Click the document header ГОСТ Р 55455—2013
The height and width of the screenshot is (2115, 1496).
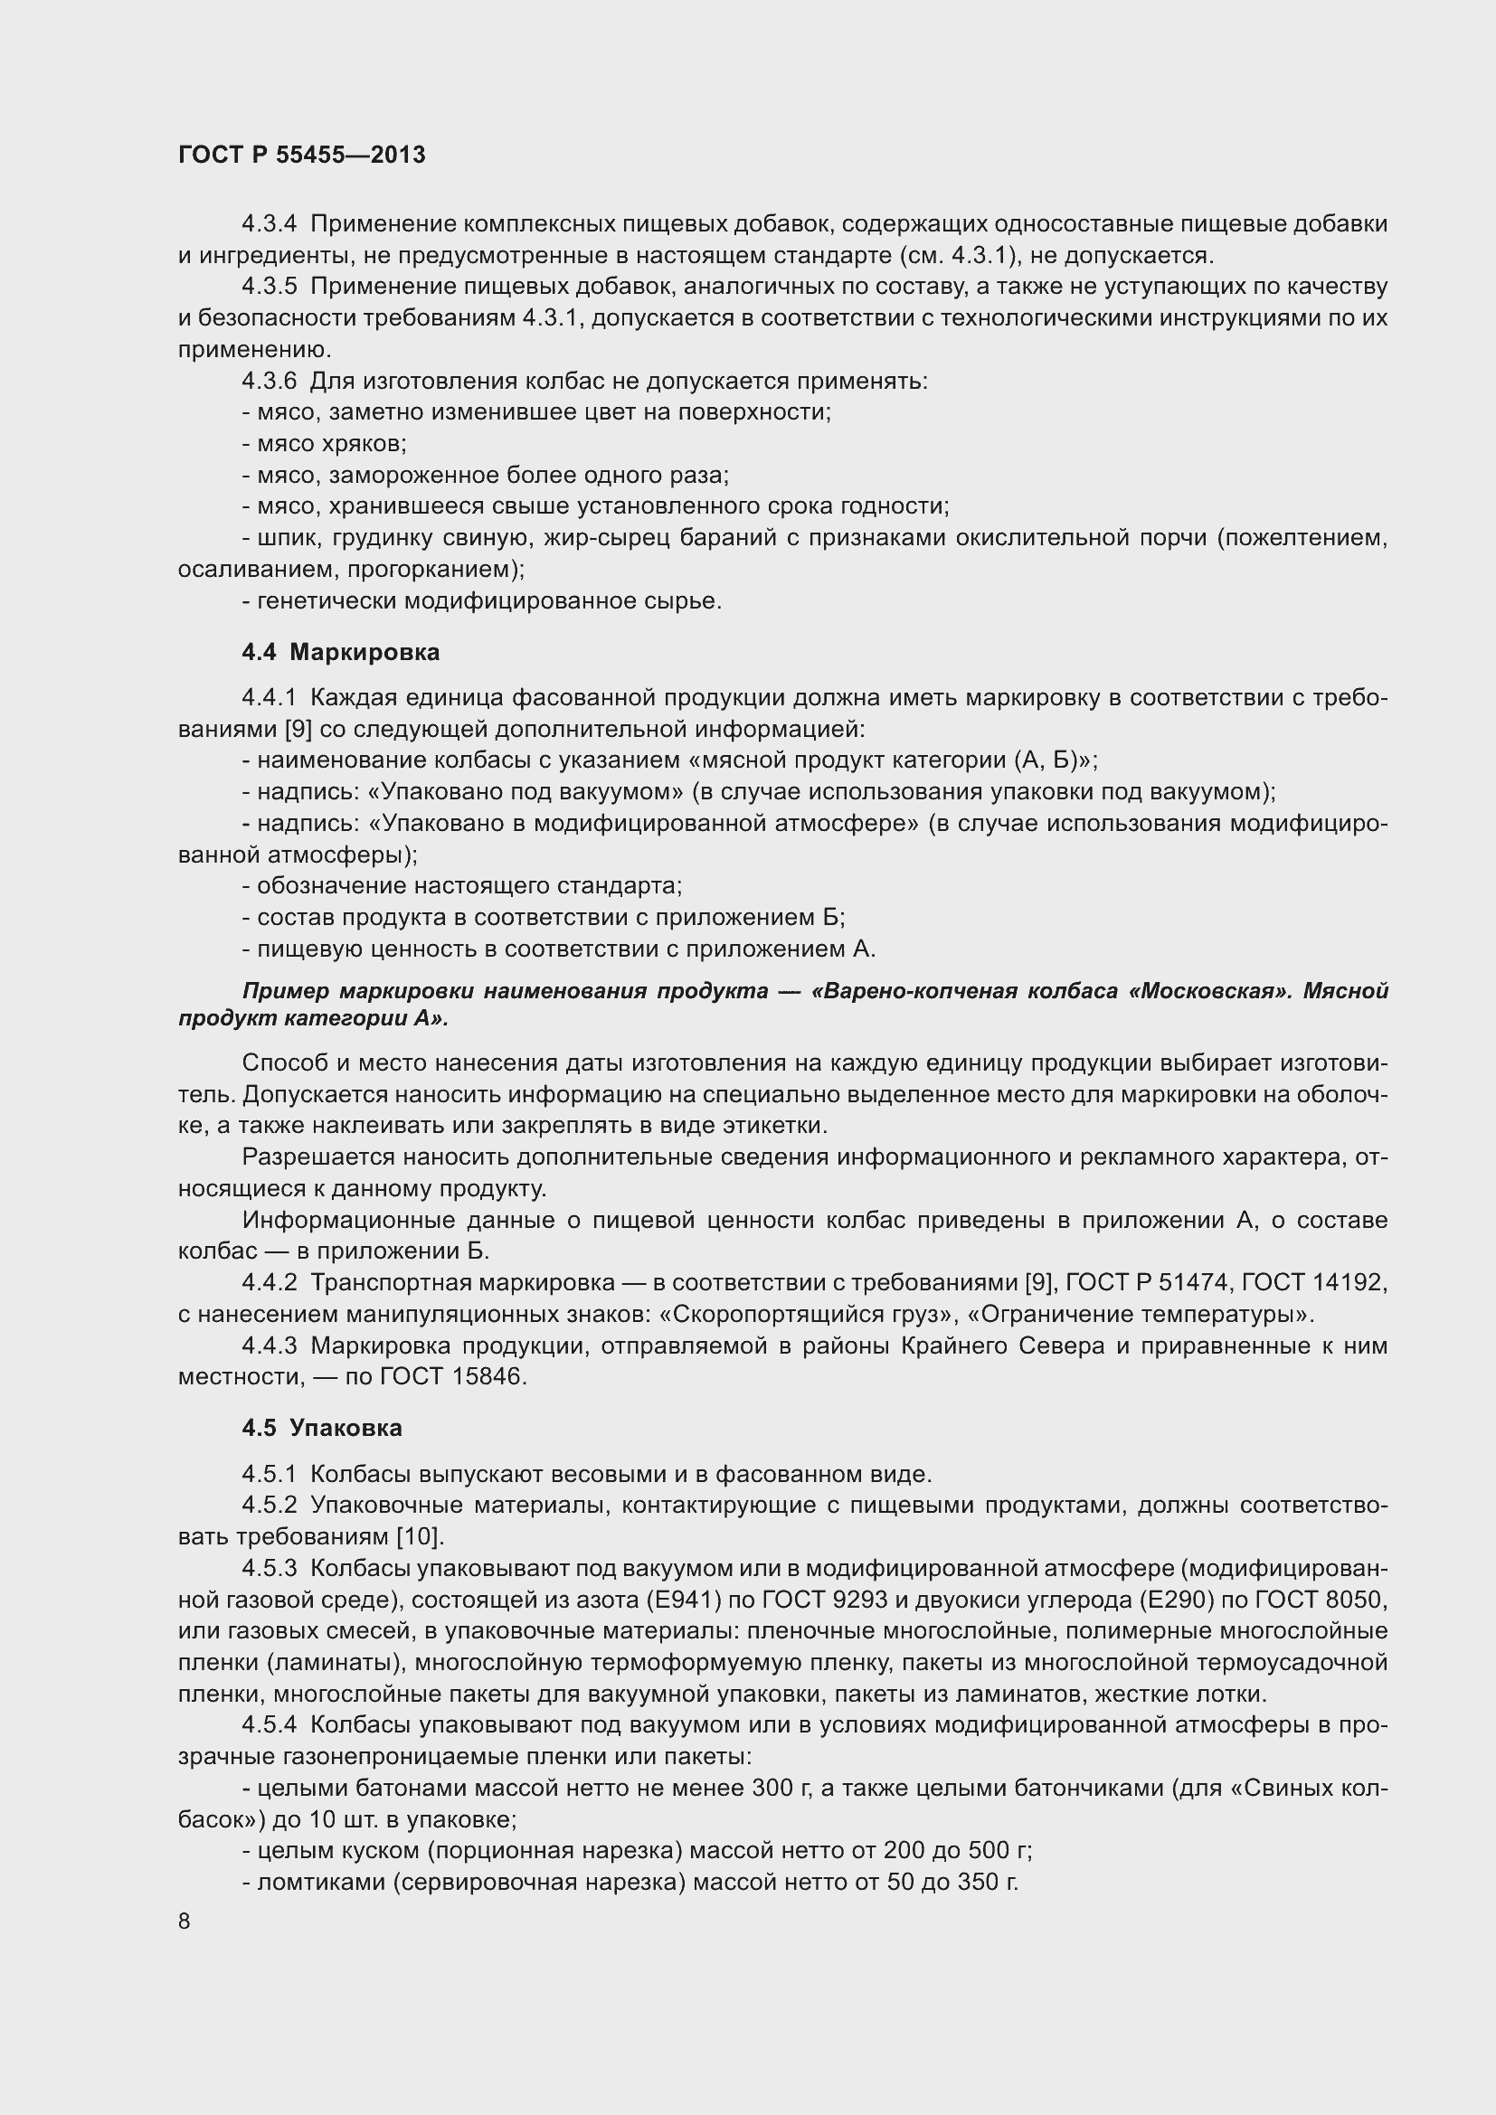[x=301, y=155]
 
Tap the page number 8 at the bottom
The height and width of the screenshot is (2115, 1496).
[x=185, y=1921]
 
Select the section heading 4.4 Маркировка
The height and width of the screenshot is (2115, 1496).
[x=340, y=652]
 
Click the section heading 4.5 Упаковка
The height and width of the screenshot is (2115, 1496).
[x=321, y=1428]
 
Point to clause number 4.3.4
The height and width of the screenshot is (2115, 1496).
[x=269, y=224]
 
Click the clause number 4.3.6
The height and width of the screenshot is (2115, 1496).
[x=269, y=381]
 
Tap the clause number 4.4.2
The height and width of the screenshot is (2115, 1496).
[x=269, y=1282]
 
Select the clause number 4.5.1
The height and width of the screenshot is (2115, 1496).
[x=269, y=1474]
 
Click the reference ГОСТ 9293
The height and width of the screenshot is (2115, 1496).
[x=867, y=1600]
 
